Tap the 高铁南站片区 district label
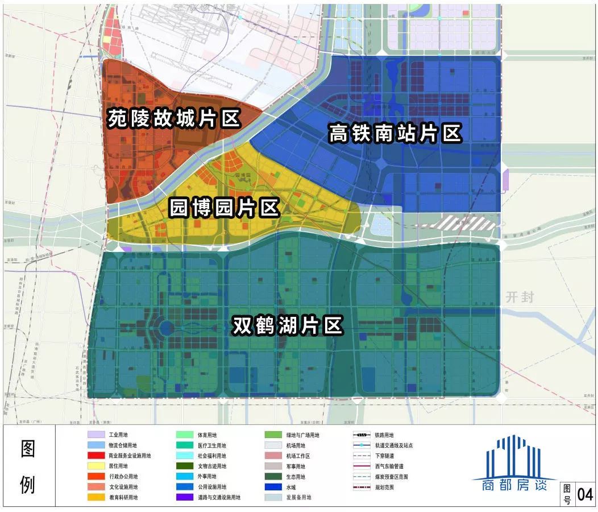click(x=395, y=134)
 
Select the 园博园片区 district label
click(x=225, y=208)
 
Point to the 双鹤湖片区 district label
click(x=288, y=327)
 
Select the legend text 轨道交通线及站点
click(x=394, y=445)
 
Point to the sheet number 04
click(x=585, y=494)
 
